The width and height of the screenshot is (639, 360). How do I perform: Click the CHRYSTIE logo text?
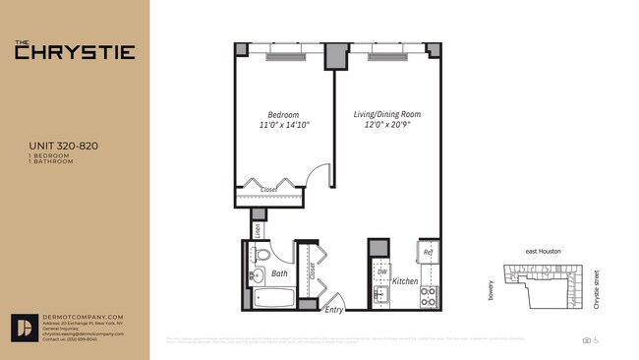[x=74, y=51]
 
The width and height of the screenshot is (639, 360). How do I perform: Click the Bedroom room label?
[x=283, y=113]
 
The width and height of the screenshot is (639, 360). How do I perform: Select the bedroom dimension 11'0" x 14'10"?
[x=283, y=125]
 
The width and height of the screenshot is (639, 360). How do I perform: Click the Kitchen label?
[x=406, y=281]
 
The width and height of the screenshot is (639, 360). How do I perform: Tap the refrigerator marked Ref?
[x=429, y=253]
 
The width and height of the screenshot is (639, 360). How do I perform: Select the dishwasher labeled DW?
[x=380, y=270]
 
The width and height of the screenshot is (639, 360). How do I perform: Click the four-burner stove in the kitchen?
[x=429, y=295]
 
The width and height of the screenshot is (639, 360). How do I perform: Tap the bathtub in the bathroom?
[x=270, y=297]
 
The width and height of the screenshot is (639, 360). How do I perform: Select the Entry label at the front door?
[x=335, y=310]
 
